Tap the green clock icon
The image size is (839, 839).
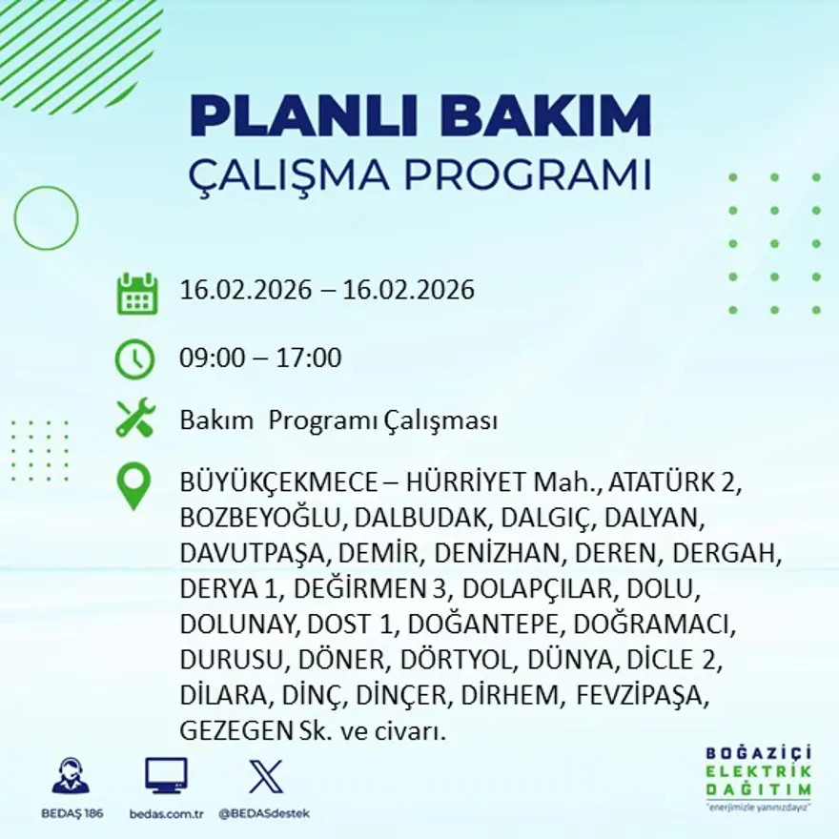point(134,359)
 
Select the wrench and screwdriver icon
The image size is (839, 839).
point(134,419)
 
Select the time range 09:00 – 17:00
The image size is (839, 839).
point(260,358)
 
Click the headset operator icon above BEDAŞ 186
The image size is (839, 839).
point(71,775)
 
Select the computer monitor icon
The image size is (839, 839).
point(166,775)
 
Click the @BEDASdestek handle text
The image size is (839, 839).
point(264,813)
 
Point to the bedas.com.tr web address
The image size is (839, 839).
point(166,813)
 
